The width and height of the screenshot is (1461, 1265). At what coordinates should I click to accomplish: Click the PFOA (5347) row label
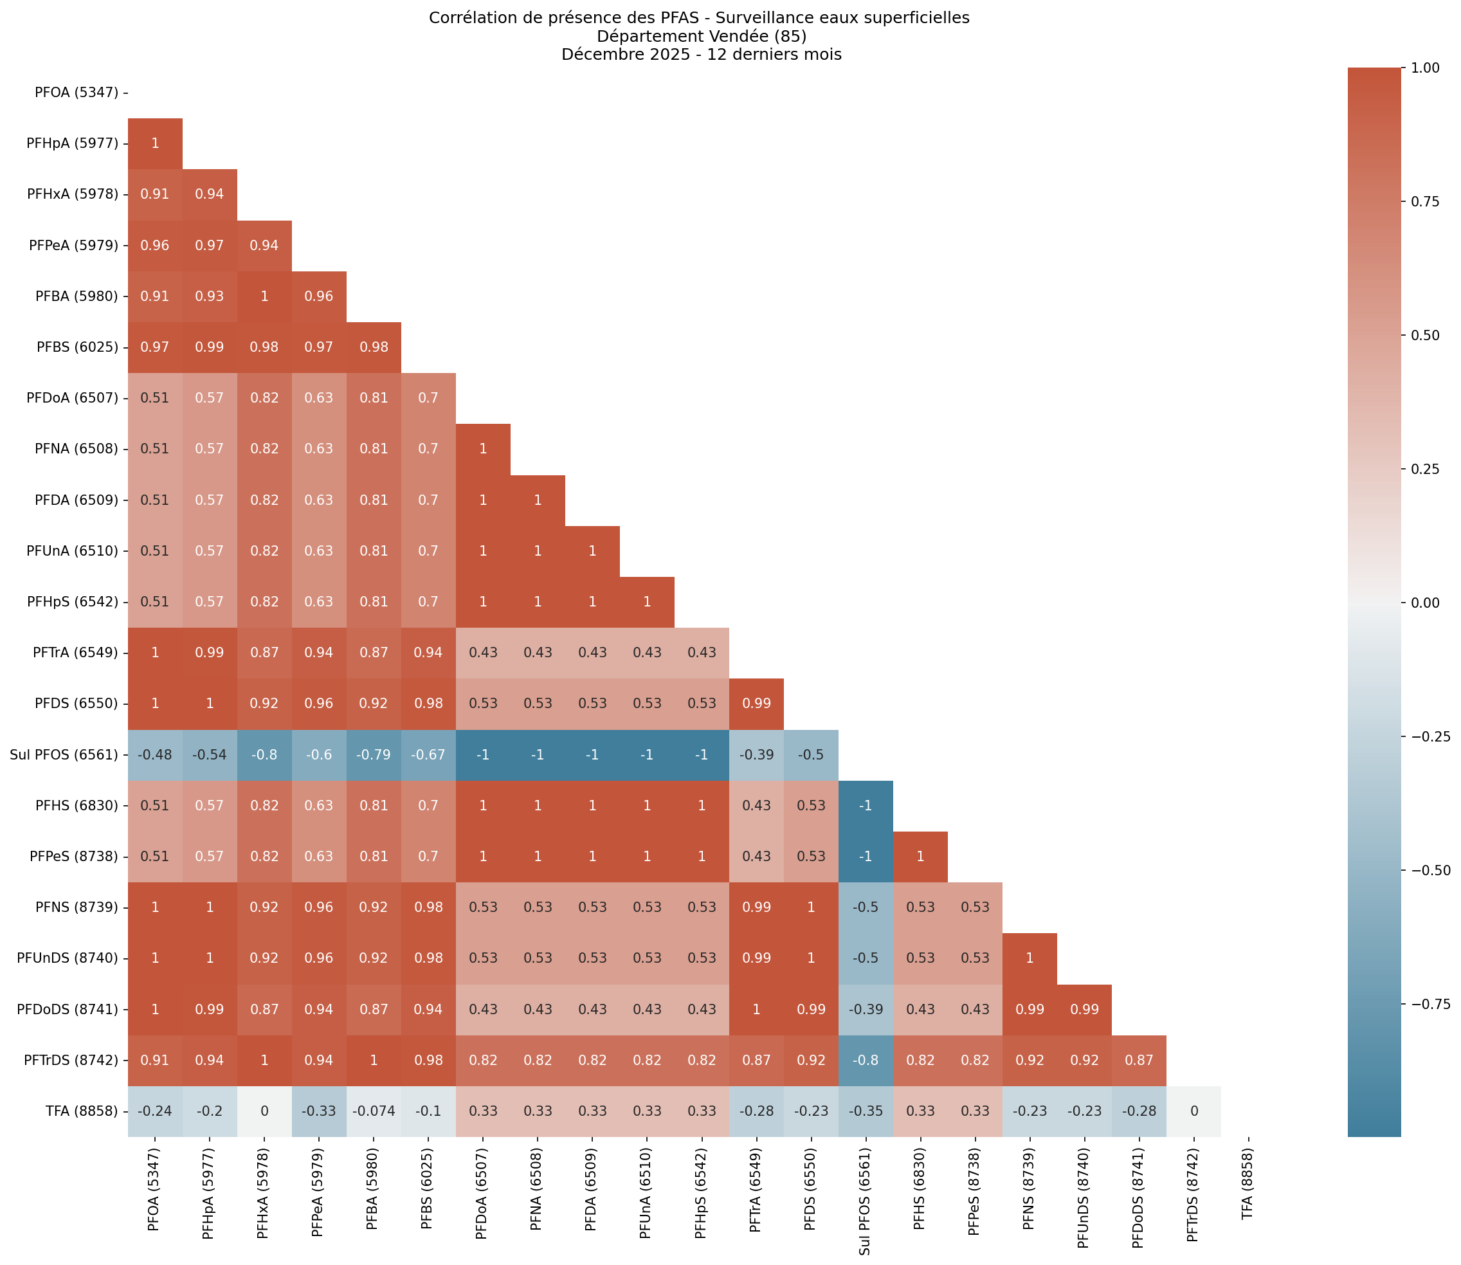(77, 93)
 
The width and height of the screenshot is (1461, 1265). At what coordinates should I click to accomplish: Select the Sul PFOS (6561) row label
(64, 754)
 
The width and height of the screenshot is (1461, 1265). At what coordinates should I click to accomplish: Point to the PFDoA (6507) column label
(483, 1192)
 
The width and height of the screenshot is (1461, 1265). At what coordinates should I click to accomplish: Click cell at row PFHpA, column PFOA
(155, 143)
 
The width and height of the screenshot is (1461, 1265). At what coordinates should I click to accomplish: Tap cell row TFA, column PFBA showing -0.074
(374, 1111)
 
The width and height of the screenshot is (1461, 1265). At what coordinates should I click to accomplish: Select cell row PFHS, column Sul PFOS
(866, 805)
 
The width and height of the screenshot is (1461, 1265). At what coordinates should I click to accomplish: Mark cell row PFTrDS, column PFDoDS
(1138, 1060)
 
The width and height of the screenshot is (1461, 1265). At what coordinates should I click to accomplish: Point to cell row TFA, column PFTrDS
(1193, 1111)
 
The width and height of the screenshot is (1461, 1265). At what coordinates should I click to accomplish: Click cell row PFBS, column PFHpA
(210, 347)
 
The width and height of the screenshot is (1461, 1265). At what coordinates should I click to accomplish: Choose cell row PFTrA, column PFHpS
(702, 653)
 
